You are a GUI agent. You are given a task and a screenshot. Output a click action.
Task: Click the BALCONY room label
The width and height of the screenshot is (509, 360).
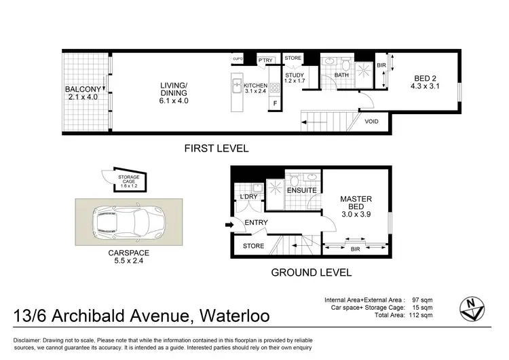(x=83, y=90)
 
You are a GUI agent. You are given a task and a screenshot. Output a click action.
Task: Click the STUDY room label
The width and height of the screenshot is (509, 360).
(x=294, y=75)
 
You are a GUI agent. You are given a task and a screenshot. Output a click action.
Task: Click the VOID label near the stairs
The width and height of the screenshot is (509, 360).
(x=371, y=122)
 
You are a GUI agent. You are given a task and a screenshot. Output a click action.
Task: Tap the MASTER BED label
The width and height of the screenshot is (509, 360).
(x=357, y=203)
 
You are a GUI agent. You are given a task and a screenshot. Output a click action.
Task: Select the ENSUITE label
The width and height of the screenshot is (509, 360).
(x=301, y=191)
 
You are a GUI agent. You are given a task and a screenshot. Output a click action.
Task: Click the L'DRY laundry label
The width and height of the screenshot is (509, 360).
(x=247, y=197)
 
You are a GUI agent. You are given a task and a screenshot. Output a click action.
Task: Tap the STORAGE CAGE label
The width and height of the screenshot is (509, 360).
(x=129, y=178)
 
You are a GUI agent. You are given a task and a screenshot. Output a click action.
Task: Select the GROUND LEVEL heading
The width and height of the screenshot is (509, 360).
(x=311, y=273)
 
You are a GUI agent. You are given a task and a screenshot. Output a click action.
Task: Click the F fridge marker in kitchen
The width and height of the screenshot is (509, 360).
(x=275, y=103)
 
